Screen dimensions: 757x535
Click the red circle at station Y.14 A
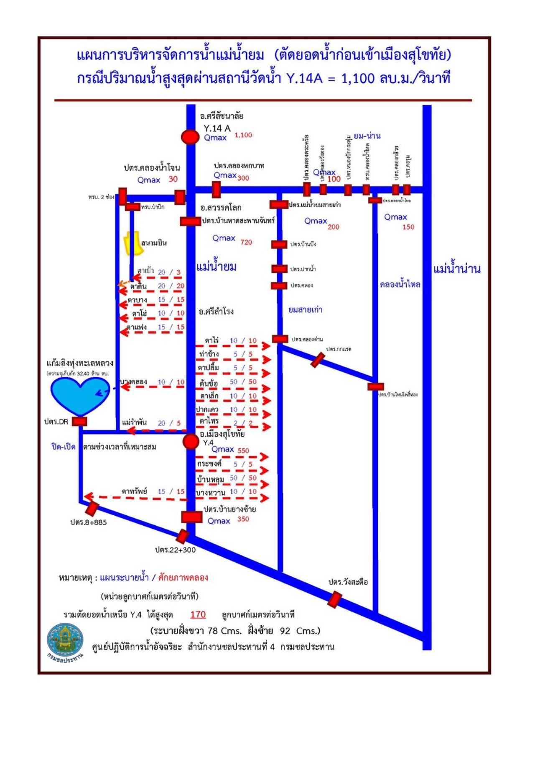pos(190,137)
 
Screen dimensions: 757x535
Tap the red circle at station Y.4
pos(191,441)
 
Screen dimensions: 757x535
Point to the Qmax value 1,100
pos(243,135)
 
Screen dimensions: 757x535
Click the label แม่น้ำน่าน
pos(456,269)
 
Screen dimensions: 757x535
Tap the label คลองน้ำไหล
pos(400,285)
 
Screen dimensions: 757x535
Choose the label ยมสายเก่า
pos(305,310)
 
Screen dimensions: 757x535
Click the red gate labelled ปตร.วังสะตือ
pos(334,599)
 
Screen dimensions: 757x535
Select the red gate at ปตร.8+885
pos(92,509)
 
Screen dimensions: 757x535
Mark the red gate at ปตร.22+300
pos(182,536)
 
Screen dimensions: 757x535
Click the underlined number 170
pos(198,614)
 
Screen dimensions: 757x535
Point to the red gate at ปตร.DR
pos(79,421)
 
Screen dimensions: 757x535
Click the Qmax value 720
pos(246,242)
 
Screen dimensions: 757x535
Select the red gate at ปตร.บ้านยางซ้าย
pos(191,517)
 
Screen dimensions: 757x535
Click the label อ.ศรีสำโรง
pos(216,312)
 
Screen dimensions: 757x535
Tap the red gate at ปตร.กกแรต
pos(318,360)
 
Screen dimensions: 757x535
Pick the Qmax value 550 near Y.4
pos(243,450)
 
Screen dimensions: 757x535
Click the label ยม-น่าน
pos(367,136)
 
